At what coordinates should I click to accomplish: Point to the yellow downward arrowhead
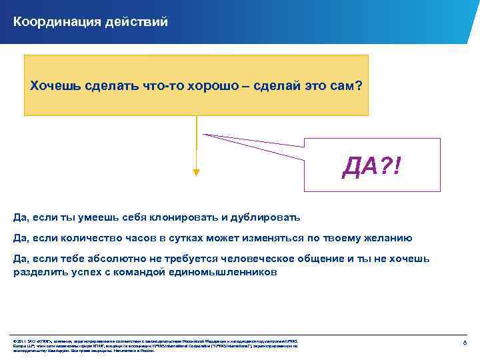196,172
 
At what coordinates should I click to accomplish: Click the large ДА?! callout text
371,165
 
